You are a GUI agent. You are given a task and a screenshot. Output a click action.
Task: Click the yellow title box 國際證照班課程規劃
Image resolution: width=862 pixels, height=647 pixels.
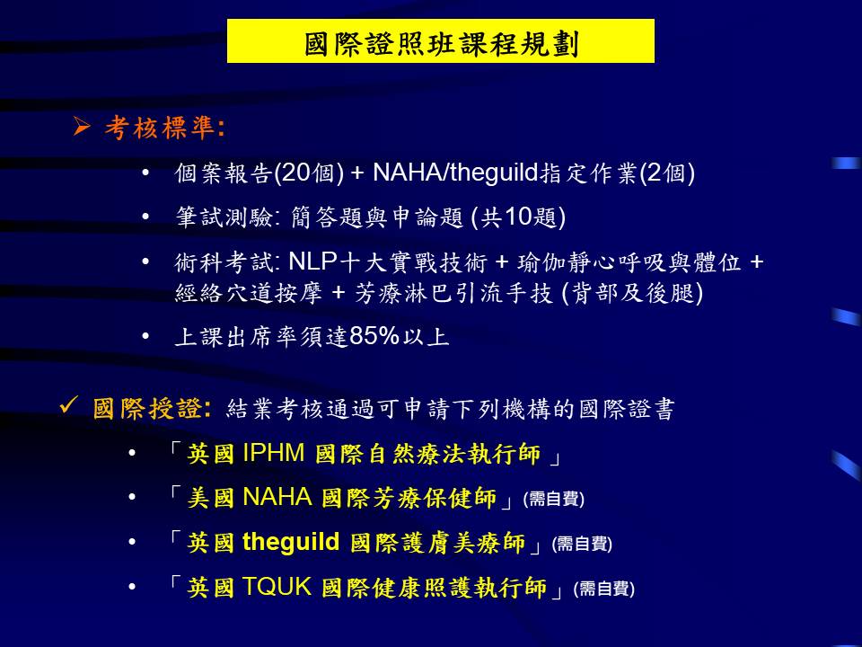pyautogui.click(x=440, y=40)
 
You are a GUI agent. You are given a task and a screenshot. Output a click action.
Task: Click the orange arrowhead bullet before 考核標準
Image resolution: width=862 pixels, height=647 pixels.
pyautogui.click(x=82, y=127)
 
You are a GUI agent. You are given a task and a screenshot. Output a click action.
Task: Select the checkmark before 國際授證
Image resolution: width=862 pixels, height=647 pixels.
pyautogui.click(x=69, y=405)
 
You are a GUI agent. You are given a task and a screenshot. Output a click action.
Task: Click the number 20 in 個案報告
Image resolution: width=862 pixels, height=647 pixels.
pyautogui.click(x=296, y=173)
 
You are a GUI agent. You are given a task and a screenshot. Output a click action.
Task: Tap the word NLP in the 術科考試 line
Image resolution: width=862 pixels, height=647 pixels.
pyautogui.click(x=312, y=261)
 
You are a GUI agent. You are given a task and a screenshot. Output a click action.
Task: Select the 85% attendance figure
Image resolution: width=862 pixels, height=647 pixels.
pyautogui.click(x=374, y=335)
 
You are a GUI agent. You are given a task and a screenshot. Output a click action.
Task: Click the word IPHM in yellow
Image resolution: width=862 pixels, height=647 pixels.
pyautogui.click(x=274, y=453)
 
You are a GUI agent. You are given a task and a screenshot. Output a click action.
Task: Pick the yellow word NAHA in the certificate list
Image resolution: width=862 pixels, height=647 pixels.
pyautogui.click(x=277, y=497)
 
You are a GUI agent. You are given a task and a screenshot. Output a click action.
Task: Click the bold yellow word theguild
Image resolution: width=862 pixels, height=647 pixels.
pyautogui.click(x=291, y=542)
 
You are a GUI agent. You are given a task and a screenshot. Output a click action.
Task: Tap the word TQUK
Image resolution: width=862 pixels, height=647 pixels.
pyautogui.click(x=277, y=587)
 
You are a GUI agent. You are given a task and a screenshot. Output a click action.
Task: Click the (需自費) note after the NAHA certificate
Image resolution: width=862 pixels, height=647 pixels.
pyautogui.click(x=554, y=499)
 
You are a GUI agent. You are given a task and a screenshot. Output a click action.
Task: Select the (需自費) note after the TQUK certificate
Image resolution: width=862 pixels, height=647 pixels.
pyautogui.click(x=603, y=589)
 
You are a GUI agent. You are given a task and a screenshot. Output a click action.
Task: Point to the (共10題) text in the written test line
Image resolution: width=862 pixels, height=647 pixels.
pyautogui.click(x=518, y=217)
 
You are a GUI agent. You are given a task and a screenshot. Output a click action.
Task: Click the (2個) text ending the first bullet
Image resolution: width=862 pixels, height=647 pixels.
pyautogui.click(x=667, y=173)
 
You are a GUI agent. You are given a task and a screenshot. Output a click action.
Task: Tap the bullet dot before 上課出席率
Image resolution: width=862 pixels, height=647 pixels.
pyautogui.click(x=145, y=335)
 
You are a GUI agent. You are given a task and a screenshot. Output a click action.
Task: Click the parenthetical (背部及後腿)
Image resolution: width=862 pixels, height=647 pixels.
pyautogui.click(x=632, y=293)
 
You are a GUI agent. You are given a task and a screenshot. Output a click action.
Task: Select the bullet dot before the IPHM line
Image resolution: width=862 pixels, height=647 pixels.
pyautogui.click(x=132, y=453)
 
